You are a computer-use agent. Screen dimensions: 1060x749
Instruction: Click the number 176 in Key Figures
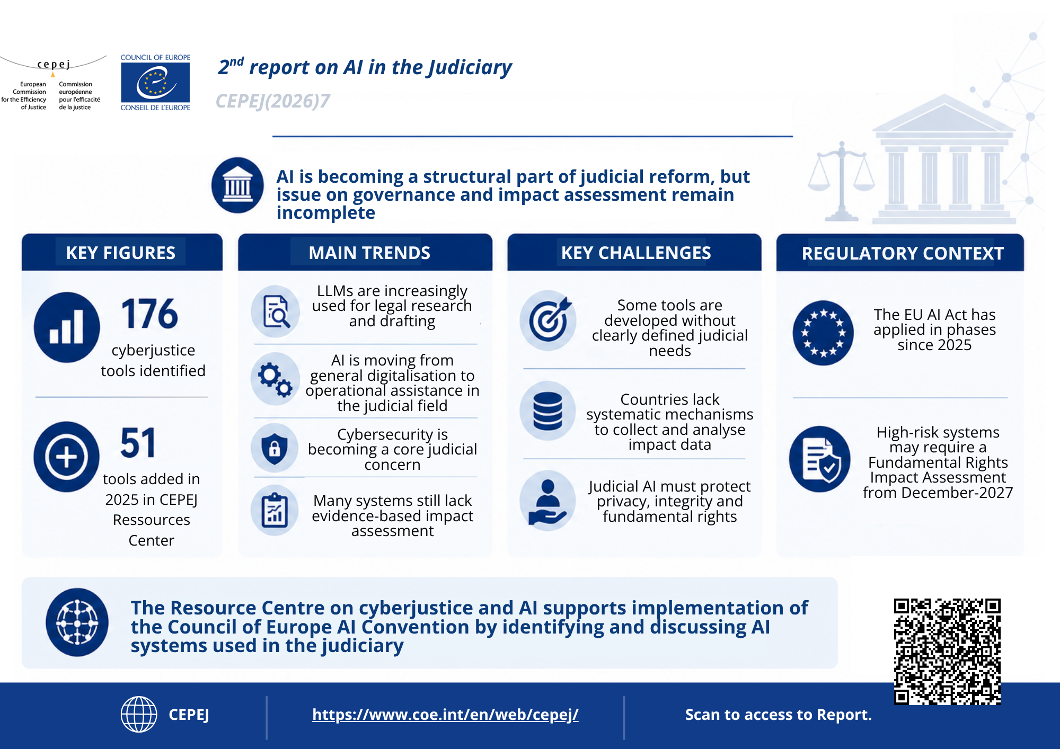149,314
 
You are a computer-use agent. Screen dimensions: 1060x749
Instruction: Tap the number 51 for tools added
138,443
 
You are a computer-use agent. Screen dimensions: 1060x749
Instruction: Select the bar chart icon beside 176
67,327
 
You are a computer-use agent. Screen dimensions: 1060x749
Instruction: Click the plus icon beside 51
67,457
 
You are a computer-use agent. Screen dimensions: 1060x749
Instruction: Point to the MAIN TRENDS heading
369,253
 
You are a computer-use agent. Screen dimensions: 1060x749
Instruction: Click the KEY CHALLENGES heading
636,253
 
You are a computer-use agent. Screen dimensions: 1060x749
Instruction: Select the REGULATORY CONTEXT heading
903,254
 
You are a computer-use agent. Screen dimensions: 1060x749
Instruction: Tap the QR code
947,652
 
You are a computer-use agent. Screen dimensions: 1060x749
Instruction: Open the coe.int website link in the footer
445,715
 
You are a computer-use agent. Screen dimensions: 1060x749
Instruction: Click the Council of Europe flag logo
155,82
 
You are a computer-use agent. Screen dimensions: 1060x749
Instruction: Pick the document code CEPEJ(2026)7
273,101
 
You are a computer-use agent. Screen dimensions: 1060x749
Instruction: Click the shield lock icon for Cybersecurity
275,448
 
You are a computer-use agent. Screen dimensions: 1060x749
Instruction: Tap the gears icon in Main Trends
275,379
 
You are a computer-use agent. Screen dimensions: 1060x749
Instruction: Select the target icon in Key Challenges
548,320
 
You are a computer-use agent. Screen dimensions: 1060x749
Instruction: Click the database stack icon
548,411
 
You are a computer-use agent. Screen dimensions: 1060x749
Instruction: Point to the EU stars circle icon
823,333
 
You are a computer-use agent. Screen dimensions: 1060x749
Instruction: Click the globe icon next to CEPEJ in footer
139,715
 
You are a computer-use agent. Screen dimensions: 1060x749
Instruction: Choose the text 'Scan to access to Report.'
779,715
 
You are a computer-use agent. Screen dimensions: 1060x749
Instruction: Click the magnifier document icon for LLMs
276,311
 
